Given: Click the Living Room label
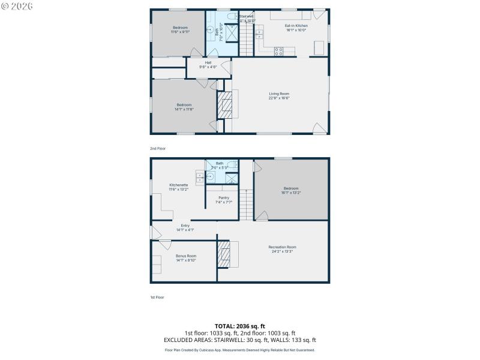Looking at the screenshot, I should tap(279, 94).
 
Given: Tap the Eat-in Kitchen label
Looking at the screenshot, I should tap(296, 26).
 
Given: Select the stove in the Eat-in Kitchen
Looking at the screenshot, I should tap(278, 52).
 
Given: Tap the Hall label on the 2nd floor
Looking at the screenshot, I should tap(208, 62).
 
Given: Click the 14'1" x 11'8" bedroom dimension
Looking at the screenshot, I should tap(184, 109).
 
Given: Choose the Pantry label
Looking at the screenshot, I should tap(224, 197).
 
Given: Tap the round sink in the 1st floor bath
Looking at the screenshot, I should tap(211, 177).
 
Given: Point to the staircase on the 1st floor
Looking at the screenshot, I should tap(247, 204).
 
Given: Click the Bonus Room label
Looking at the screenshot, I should tap(186, 256).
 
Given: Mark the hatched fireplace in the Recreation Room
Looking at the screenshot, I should tap(223, 254).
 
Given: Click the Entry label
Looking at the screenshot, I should tap(185, 226).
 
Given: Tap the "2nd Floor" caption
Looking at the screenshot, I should tap(158, 148).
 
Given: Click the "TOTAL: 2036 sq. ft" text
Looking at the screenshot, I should tap(239, 326).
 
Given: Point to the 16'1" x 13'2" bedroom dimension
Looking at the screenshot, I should tap(291, 193).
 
